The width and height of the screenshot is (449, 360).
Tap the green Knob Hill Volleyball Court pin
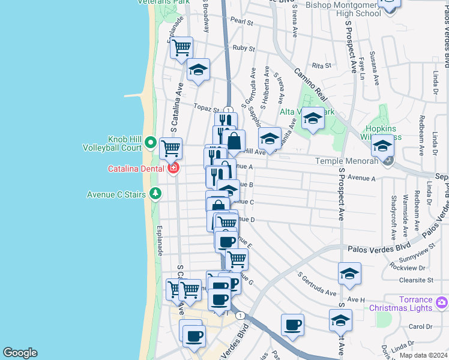pos(151,143)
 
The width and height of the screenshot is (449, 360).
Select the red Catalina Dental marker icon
pos(173,169)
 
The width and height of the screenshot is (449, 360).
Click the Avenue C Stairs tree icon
pos(155,193)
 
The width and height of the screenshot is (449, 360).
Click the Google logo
pos(20,353)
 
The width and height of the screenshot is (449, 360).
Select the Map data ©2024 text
pos(423,355)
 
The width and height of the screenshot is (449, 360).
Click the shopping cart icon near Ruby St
pos(181,49)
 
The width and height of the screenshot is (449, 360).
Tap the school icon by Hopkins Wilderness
pos(382,146)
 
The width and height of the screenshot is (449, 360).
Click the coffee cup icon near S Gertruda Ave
pos(292,325)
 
